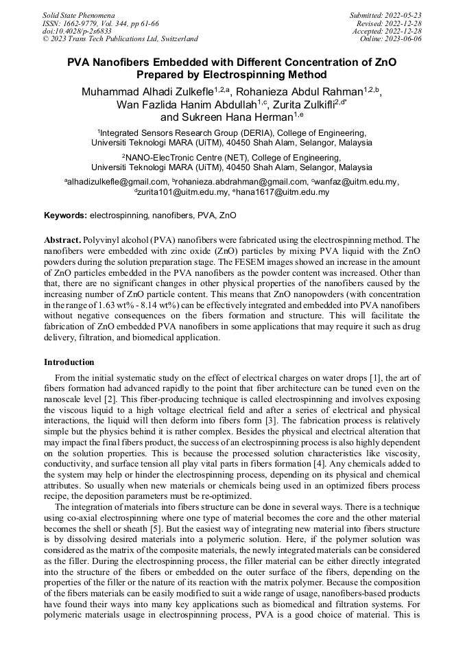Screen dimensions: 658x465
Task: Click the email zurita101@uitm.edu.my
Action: pyautogui.click(x=183, y=192)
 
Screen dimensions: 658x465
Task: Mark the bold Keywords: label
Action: pyautogui.click(x=66, y=215)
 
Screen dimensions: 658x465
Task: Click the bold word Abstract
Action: pyautogui.click(x=62, y=241)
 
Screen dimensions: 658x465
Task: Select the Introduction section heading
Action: pyautogui.click(x=69, y=362)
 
